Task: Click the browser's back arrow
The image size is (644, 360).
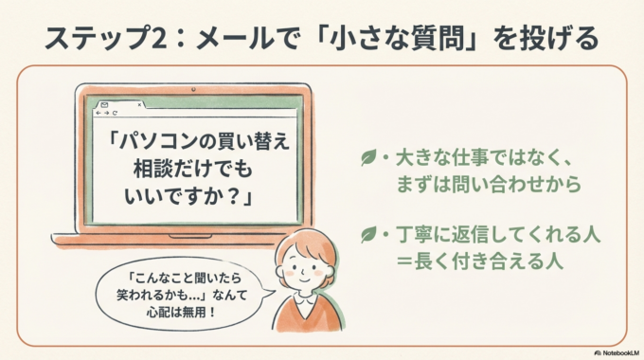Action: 97,114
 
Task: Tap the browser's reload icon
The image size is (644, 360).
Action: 116,114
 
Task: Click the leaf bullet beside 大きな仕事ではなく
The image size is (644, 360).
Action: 367,158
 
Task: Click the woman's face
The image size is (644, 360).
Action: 307,268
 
